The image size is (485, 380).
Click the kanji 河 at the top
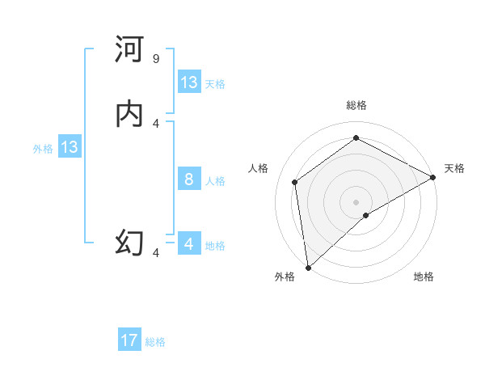coord(129,50)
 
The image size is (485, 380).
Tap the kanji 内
coord(129,114)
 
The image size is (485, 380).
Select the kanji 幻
coord(129,242)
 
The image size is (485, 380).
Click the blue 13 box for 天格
coord(189,82)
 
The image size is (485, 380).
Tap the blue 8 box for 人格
coord(189,179)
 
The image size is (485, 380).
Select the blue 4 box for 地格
coord(189,244)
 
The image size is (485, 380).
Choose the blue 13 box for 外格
coord(70,147)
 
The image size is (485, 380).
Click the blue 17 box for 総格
coord(129,340)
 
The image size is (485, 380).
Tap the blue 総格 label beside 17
coord(155,342)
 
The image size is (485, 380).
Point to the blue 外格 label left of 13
coord(43,149)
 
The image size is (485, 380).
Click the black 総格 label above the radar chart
coord(356,105)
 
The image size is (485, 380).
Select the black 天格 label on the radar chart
coord(454,168)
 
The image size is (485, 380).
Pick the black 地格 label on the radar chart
coord(424,277)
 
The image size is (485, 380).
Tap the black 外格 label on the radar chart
coord(285,277)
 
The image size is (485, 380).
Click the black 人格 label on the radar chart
coord(259,168)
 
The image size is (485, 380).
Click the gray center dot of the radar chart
coord(356,201)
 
